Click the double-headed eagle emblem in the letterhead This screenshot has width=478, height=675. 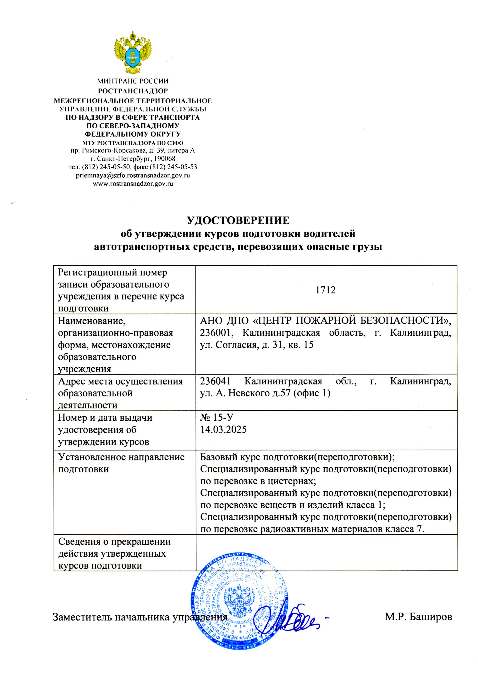click(x=133, y=53)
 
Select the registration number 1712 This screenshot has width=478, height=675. click(x=326, y=290)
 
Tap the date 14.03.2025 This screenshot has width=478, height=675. click(x=223, y=430)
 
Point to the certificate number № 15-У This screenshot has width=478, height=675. click(x=217, y=418)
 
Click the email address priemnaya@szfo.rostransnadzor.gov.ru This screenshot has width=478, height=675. click(x=133, y=175)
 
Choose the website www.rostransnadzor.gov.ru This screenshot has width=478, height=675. click(x=133, y=184)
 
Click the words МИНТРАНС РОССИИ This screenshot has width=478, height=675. click(x=133, y=81)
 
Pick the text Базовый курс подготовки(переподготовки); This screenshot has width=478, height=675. click(x=297, y=457)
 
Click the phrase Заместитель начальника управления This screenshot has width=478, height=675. click(x=140, y=617)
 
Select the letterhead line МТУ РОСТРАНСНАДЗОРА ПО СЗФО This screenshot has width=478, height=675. click(x=133, y=143)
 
